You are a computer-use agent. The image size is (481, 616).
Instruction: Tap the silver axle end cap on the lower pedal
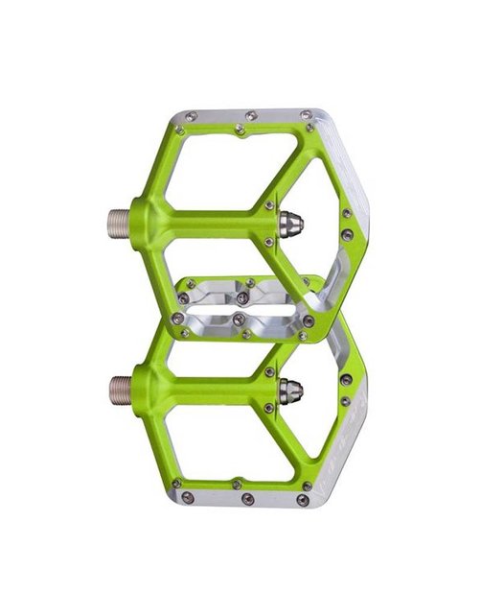pos(290,390)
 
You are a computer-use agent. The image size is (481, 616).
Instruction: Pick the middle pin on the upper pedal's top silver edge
pos(251,115)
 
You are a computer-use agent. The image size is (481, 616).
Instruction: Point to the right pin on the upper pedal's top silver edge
pos(307,115)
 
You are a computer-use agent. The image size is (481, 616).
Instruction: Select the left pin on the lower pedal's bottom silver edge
pos(188,497)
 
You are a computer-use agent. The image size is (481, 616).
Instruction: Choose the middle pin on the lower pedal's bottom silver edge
pos(247,499)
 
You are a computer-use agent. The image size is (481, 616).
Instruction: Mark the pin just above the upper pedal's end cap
pos(269,205)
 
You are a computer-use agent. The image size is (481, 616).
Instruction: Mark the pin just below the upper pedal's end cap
pos(269,242)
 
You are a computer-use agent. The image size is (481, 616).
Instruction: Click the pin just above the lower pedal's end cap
pos(269,371)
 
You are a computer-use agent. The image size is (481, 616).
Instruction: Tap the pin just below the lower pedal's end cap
pos(269,408)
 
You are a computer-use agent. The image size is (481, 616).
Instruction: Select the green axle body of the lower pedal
pos(192,388)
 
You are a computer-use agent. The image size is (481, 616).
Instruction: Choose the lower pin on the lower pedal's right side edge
pos(345,402)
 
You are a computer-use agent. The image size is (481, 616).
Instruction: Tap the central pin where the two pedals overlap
pos(240,298)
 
